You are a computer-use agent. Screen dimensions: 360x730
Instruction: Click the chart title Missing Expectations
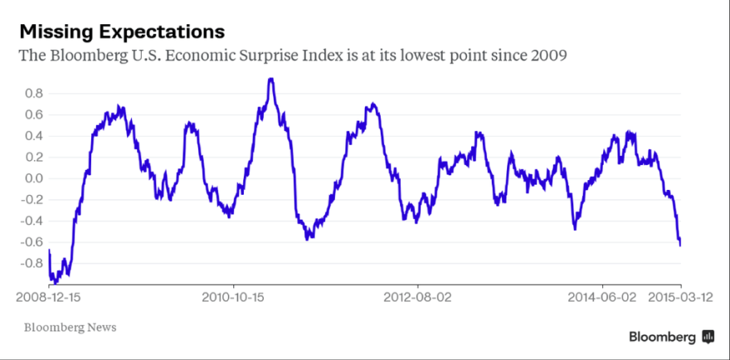coord(122,32)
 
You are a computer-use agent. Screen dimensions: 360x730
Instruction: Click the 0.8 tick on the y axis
coord(32,94)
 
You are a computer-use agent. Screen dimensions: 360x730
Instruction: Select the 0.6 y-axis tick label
coord(32,114)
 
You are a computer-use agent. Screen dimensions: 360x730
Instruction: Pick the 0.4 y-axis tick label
coord(32,136)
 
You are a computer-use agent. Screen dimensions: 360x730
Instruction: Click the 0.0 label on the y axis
coord(32,178)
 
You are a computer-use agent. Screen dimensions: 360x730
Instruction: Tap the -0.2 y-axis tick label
coord(31,200)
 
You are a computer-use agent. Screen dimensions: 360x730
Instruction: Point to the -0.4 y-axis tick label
coord(31,221)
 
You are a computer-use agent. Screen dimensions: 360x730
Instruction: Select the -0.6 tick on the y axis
coord(31,242)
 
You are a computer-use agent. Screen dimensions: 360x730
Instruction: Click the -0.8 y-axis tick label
coord(31,264)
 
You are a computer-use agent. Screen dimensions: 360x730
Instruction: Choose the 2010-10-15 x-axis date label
coord(233,295)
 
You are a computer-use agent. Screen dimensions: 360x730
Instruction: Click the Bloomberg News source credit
coord(70,327)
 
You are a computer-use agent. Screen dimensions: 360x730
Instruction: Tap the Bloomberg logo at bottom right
coord(671,336)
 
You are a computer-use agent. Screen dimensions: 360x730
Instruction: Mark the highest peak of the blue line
coord(270,80)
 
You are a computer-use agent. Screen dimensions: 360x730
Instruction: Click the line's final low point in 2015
coord(680,245)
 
